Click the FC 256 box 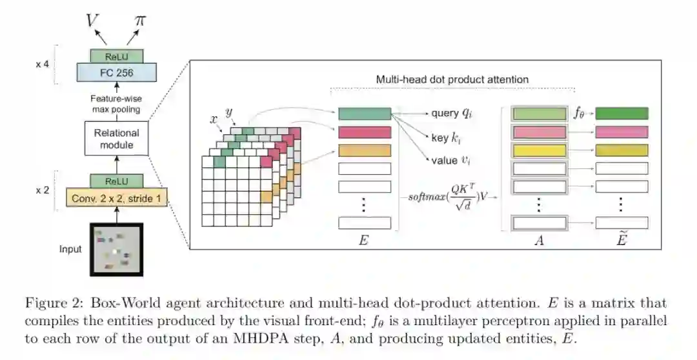(117, 73)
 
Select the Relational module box (117, 139)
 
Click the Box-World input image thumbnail (116, 249)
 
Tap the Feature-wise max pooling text (117, 103)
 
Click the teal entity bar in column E (365, 114)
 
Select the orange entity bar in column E (365, 150)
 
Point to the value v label (451, 160)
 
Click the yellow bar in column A (538, 150)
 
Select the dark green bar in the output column (621, 114)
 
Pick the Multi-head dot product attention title (452, 79)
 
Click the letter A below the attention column (538, 240)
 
